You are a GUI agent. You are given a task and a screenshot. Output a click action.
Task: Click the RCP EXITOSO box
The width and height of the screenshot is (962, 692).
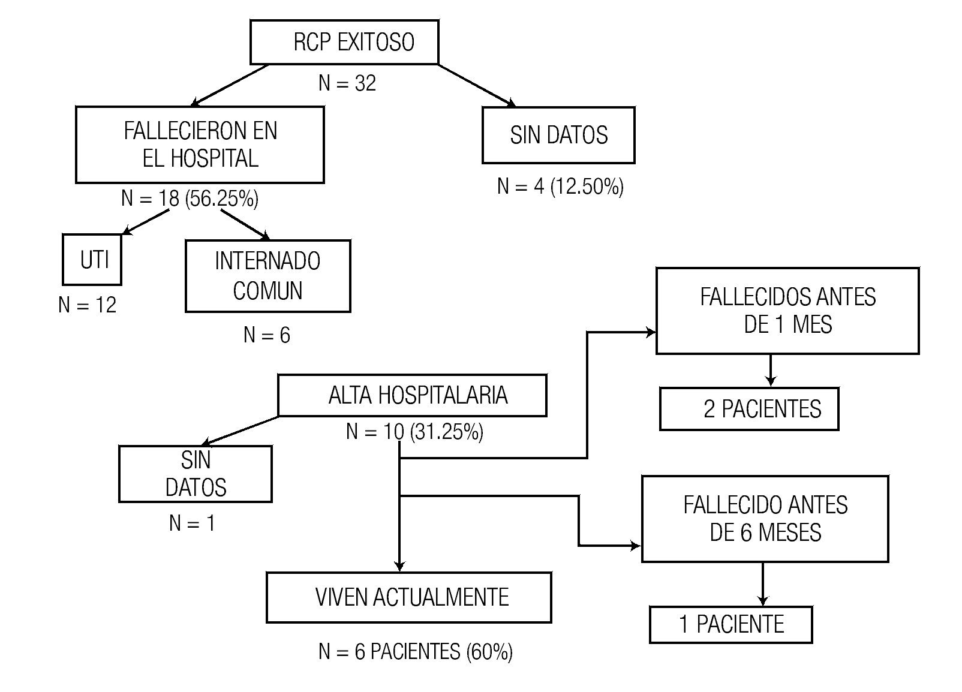click(x=344, y=42)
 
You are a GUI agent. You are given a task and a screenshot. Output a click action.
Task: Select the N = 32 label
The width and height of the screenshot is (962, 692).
click(x=347, y=83)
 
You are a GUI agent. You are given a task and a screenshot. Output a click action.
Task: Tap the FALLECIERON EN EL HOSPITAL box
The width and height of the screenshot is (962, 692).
click(x=200, y=145)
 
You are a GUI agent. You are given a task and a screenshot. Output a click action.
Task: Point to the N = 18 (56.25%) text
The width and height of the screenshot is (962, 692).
click(x=190, y=198)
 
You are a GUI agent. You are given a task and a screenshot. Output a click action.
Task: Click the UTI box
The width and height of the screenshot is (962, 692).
click(x=92, y=260)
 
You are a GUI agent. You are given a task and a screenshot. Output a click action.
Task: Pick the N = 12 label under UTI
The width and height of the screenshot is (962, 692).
click(x=88, y=305)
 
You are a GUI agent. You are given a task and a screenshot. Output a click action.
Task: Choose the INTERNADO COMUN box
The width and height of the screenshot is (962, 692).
click(x=267, y=276)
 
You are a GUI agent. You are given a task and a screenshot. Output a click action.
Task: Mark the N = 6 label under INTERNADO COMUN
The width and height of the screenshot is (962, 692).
click(x=267, y=335)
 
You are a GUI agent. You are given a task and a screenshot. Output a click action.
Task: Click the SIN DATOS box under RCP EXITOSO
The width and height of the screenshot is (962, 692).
click(x=558, y=135)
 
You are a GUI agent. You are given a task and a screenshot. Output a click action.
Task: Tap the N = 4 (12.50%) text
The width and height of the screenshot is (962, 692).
click(x=560, y=186)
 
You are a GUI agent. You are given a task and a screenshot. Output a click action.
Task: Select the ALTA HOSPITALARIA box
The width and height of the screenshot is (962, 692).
click(x=412, y=395)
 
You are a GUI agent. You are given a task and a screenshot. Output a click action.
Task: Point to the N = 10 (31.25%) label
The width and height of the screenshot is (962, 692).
click(x=414, y=432)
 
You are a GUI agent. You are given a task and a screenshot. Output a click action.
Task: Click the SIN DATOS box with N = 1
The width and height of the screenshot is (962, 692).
click(x=196, y=474)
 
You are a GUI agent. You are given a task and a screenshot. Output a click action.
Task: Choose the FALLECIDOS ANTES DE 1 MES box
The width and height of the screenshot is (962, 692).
click(x=787, y=311)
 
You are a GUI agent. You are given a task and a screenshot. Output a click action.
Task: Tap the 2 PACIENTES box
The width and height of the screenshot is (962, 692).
click(x=749, y=409)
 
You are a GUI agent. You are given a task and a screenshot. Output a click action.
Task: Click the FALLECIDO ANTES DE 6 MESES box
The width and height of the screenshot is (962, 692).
click(x=765, y=519)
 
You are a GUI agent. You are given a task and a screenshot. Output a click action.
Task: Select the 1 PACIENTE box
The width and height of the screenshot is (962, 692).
click(x=730, y=624)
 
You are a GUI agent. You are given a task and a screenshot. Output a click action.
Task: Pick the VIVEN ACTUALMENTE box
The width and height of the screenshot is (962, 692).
click(x=408, y=597)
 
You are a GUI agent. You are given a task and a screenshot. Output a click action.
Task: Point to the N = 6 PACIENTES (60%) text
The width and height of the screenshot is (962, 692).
click(x=415, y=652)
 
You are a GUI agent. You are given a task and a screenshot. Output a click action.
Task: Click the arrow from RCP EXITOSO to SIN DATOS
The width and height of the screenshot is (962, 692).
click(x=476, y=85)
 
